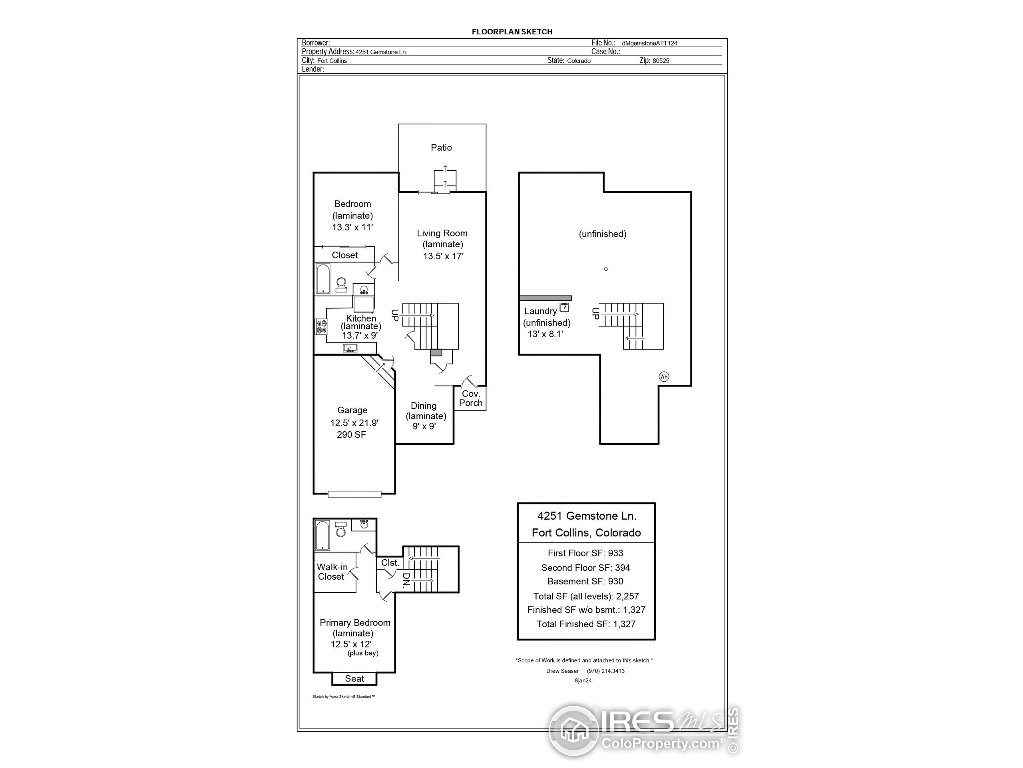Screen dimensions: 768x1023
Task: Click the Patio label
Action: pos(441,148)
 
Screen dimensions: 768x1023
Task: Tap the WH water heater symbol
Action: pos(664,376)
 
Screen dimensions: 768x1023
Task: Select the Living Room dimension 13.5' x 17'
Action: pos(443,256)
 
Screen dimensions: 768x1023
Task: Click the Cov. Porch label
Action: pos(471,398)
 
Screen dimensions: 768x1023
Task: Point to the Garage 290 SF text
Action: pos(352,435)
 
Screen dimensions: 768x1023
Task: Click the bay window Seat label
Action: pos(354,679)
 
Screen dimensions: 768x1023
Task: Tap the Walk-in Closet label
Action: pos(332,572)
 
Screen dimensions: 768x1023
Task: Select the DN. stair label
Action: pos(406,580)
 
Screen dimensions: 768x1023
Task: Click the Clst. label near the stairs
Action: pos(390,562)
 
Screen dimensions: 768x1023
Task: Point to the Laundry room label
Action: pos(540,311)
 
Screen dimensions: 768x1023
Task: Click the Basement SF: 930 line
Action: pos(585,582)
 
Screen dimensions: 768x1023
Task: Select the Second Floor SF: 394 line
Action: pos(585,568)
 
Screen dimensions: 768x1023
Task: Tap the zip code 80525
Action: pos(661,61)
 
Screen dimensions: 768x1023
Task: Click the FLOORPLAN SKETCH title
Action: pos(512,32)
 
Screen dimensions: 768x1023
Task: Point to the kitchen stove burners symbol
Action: pos(321,326)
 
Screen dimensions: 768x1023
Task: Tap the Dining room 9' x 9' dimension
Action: pos(424,426)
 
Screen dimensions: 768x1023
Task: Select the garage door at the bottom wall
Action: pos(354,494)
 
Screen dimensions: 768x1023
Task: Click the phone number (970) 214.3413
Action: pos(606,671)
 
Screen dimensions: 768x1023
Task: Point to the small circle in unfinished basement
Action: pos(606,269)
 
